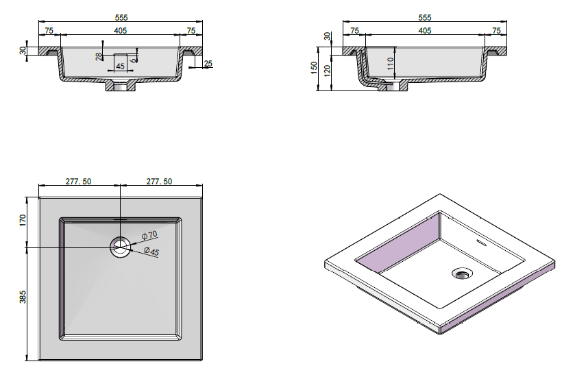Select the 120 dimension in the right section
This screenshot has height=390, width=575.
coord(328,70)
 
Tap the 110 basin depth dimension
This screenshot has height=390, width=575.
coord(390,64)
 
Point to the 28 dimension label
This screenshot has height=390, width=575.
coord(99,57)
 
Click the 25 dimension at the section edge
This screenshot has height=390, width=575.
coord(208,64)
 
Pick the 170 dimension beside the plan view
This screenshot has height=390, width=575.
coord(23,220)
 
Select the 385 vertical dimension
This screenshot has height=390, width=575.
coord(23,297)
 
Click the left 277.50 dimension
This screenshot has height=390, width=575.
coord(79,181)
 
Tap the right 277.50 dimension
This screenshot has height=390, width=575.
coord(159,181)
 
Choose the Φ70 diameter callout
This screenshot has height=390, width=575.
coord(149,235)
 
